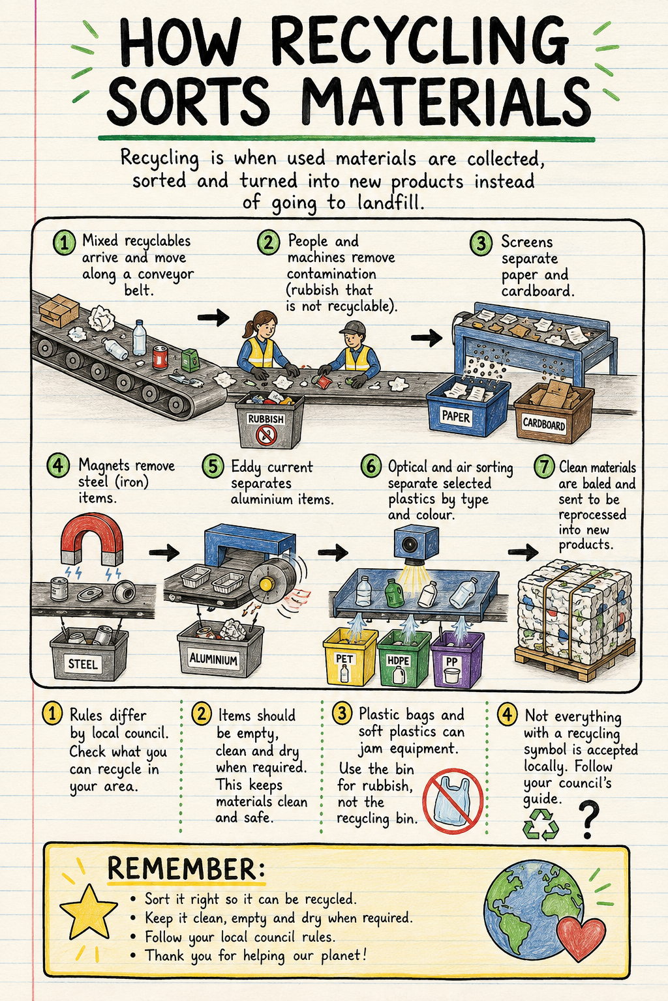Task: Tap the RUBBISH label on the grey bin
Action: tap(266, 419)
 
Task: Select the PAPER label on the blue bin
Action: tap(456, 416)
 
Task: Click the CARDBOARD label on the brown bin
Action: tap(543, 423)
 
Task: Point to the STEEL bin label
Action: tap(83, 663)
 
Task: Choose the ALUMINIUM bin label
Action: tap(213, 658)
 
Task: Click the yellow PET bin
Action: tap(350, 656)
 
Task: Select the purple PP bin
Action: tap(457, 659)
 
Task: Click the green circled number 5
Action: tap(213, 466)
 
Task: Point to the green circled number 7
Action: tap(545, 466)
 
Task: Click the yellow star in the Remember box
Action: tap(89, 912)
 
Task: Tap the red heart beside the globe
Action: tap(581, 938)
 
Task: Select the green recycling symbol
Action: tap(541, 824)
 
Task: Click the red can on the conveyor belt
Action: tap(160, 358)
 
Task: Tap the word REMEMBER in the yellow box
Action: tap(186, 868)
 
